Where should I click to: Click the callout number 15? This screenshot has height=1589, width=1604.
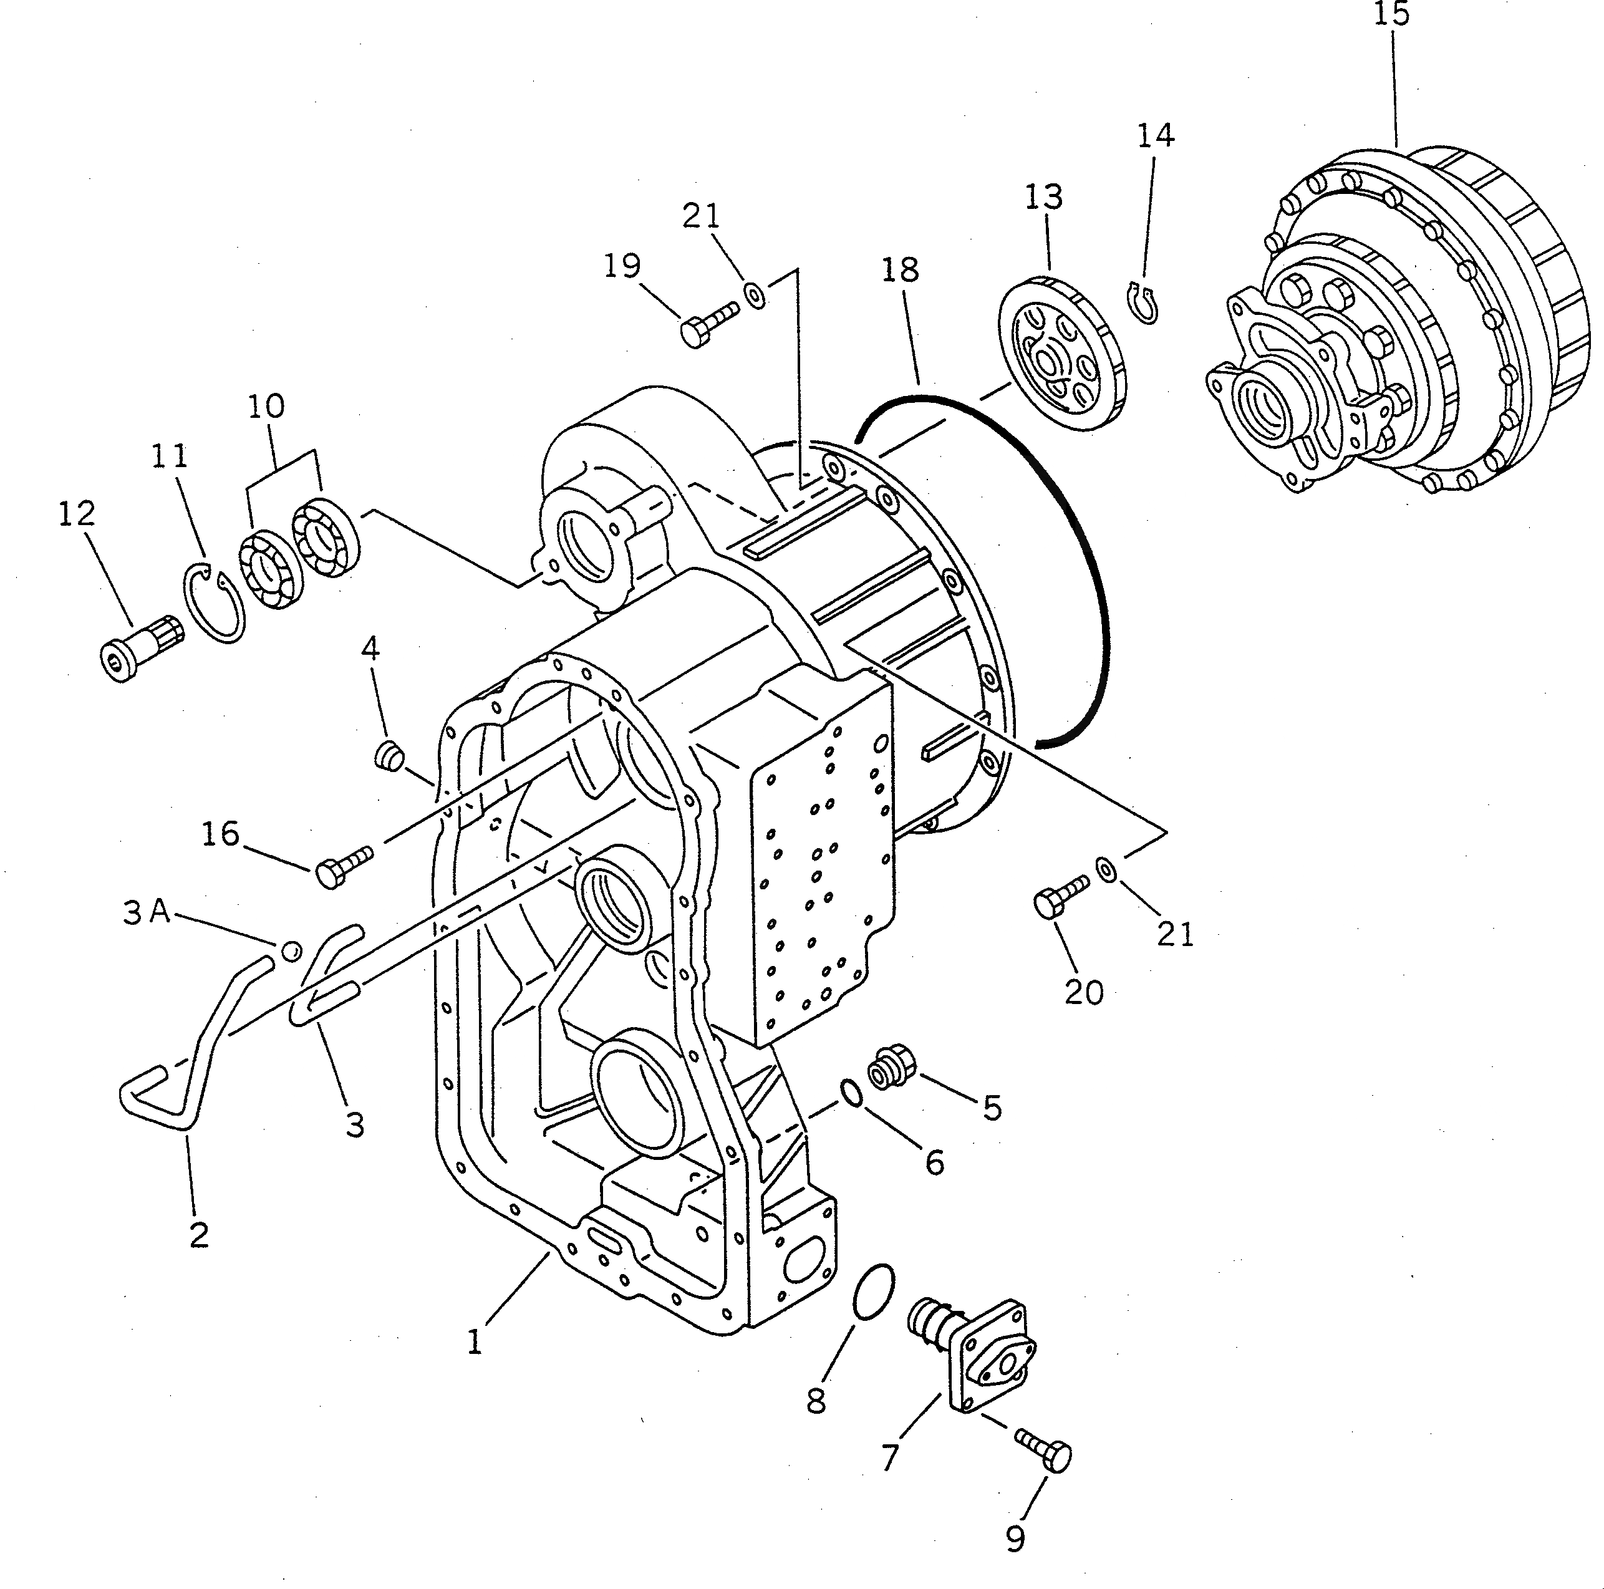[1391, 15]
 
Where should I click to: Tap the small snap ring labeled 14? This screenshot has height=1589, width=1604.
[1146, 304]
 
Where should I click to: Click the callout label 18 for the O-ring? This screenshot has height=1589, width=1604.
[901, 270]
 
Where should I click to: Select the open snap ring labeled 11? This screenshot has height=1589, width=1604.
[213, 602]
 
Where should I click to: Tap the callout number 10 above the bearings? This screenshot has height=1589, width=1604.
[266, 406]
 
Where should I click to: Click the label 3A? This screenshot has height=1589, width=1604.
[146, 913]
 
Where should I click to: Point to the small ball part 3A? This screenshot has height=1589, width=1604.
[291, 950]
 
